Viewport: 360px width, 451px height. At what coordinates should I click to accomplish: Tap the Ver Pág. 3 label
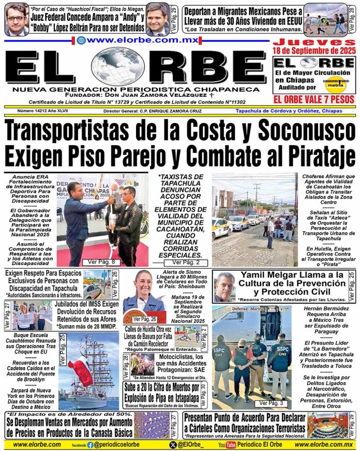tap(271, 402)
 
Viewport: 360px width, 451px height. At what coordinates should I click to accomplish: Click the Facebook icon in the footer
tap(90, 445)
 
